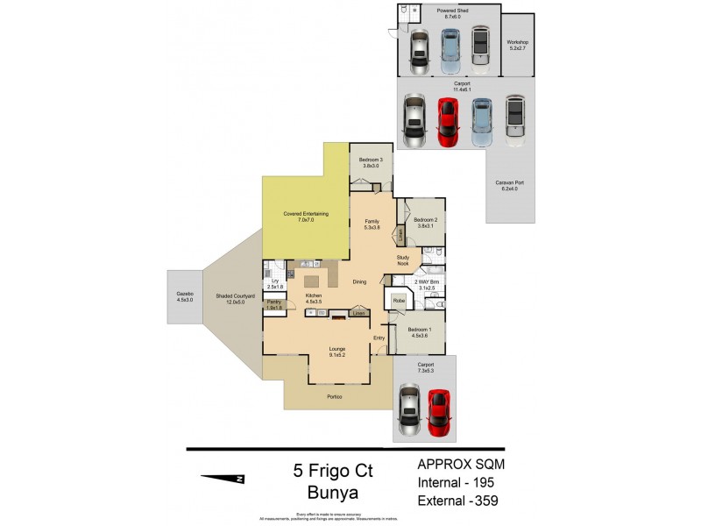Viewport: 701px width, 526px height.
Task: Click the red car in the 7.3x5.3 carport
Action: tap(438, 411)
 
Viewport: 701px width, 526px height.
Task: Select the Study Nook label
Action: tap(403, 260)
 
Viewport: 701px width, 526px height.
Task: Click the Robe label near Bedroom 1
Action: tap(398, 301)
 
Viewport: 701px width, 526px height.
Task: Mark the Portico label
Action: tap(334, 397)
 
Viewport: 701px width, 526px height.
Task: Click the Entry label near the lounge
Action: tap(379, 338)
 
